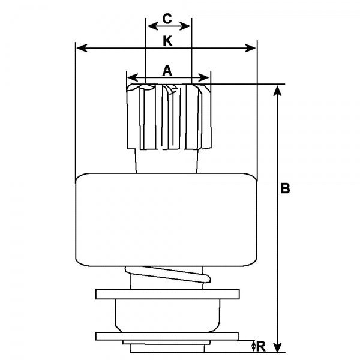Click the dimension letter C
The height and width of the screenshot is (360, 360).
(167, 19)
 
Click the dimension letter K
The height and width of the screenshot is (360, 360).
(167, 41)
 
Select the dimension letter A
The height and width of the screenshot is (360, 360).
(167, 71)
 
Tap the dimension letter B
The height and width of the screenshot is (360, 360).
(286, 188)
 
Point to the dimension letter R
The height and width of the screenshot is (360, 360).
(261, 346)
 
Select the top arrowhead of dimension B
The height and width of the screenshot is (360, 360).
(277, 89)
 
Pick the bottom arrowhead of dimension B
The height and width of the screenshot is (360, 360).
(277, 348)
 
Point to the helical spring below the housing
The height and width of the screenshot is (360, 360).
(167, 278)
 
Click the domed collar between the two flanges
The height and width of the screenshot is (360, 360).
(166, 315)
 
